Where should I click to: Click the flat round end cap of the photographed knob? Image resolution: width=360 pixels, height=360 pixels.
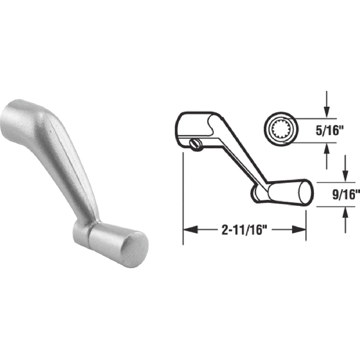[134, 247]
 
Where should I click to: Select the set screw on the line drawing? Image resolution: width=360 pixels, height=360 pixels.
[193, 144]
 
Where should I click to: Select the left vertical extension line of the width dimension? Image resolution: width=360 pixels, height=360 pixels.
[183, 194]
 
